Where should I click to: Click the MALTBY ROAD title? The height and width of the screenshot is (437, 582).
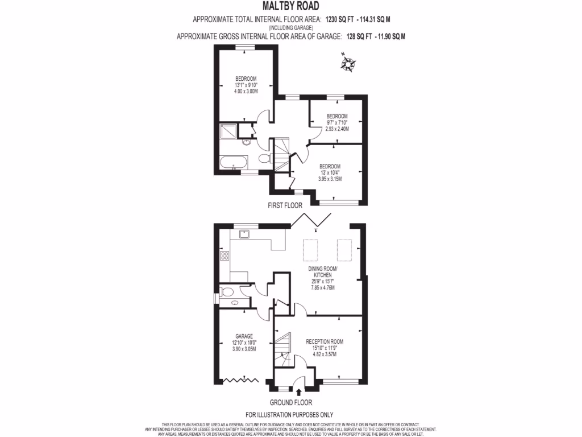point(290,6)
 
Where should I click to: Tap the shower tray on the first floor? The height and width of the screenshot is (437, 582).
point(227,131)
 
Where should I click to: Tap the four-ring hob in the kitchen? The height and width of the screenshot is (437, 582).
point(225,256)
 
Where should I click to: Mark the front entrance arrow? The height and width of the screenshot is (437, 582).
point(299,391)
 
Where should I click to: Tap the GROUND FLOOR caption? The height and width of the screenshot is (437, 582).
point(290,402)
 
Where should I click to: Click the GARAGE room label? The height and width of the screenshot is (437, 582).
point(244,336)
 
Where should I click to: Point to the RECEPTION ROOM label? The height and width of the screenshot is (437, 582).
point(325,341)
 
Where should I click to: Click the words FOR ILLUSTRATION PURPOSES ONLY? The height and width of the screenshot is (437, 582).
point(289,415)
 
